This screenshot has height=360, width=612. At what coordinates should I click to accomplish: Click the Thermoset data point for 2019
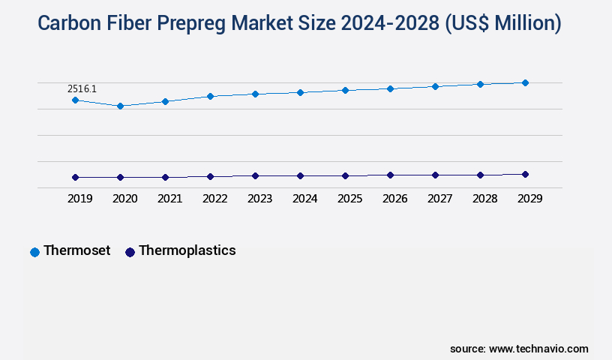point(75,100)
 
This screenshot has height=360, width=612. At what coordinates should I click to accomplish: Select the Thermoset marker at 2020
point(120,106)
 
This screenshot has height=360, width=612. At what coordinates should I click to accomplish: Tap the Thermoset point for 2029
point(525,82)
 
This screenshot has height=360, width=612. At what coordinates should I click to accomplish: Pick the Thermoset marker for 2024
point(300,92)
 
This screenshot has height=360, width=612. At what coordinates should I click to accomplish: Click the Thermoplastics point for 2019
point(75,177)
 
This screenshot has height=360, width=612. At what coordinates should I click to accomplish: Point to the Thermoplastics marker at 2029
point(525,174)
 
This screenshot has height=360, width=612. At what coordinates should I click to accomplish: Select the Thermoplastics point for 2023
point(255,175)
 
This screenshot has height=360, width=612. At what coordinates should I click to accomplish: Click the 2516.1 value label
point(82,88)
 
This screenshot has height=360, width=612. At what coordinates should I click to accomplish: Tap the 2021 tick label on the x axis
point(169,199)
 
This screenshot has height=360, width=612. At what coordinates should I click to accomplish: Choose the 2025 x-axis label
point(349,199)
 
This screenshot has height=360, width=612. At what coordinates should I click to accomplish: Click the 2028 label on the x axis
point(484,199)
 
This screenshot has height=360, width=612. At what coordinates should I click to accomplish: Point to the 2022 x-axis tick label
point(214,199)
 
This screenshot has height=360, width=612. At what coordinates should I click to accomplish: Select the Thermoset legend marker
point(34,252)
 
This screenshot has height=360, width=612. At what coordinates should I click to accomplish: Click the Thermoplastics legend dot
point(130,252)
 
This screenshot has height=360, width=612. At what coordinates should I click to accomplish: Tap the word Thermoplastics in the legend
point(187,250)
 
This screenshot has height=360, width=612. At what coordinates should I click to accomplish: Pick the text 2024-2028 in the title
point(389,23)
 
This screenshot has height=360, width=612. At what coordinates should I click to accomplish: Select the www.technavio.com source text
point(538,349)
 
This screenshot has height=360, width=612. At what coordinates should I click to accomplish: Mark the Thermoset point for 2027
point(435,86)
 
